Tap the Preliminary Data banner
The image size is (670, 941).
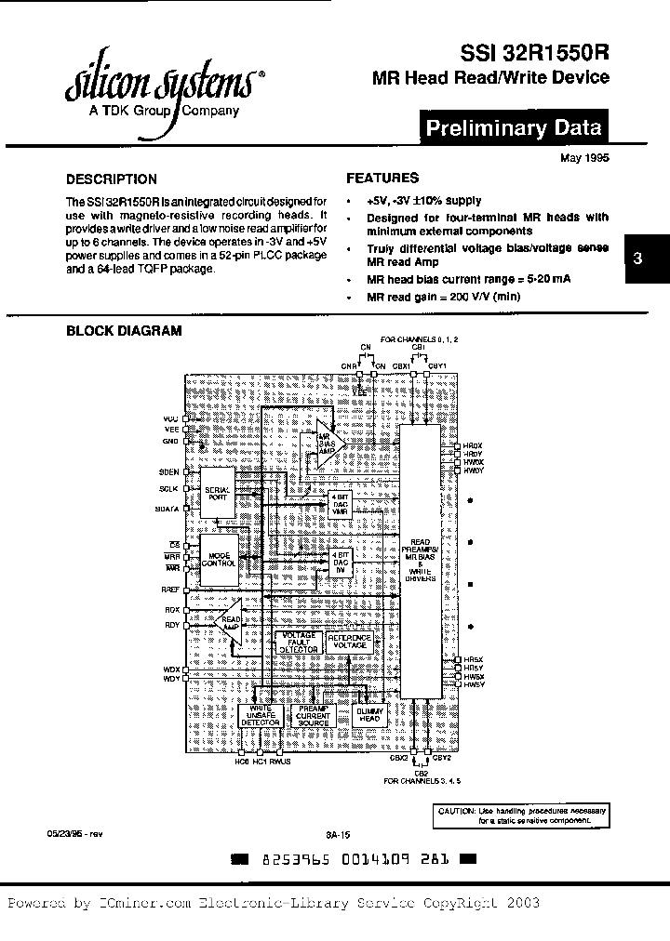pos(513,128)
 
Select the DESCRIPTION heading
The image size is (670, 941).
pos(112,179)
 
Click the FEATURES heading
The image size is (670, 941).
pos(382,178)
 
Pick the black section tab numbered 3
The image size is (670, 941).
pos(637,260)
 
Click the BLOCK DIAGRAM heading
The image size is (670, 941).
pos(123,331)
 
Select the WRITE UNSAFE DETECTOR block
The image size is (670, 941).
pos(260,714)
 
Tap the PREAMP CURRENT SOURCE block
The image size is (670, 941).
pos(315,714)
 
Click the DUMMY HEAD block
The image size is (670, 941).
pos(369,714)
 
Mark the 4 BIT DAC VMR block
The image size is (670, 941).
pos(339,506)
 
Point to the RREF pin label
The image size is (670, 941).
pos(170,590)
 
